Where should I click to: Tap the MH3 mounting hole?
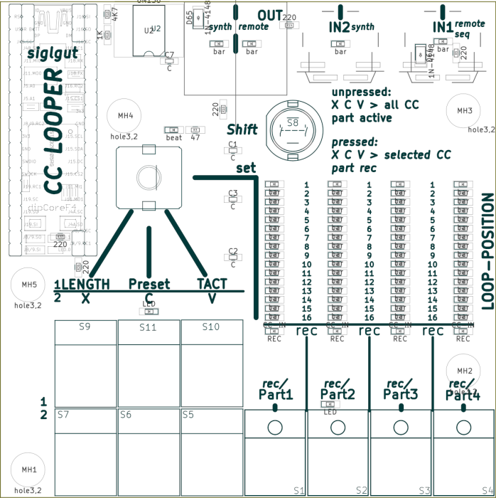point(464,111)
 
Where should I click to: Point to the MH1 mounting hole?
point(29,470)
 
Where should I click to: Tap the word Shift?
point(242,129)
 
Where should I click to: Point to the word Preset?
point(149,285)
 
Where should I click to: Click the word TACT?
point(212,284)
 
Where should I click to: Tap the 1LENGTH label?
point(82,285)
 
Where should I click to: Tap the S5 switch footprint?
point(211,445)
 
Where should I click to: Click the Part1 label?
point(276,394)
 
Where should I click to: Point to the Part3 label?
point(401,393)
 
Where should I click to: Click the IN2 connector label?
point(339,28)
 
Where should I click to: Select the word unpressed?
point(361,92)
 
